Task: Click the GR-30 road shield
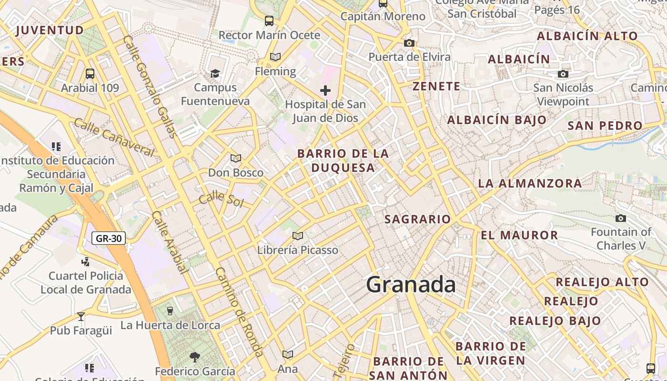109,238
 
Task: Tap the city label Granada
411,284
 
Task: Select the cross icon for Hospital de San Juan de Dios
325,90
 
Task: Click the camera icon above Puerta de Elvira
409,43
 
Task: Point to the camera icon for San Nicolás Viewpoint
563,74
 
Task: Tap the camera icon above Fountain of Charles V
620,218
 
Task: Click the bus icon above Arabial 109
90,74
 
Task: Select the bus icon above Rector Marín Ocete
269,21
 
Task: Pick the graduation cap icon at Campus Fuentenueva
215,73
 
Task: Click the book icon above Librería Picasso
298,236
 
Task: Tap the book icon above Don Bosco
235,158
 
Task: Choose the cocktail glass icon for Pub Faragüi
81,316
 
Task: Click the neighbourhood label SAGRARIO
417,219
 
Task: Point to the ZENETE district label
436,86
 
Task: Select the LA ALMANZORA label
530,183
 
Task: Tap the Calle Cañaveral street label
114,138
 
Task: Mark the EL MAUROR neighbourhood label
519,235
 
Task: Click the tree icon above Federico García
194,357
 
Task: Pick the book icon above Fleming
275,57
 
